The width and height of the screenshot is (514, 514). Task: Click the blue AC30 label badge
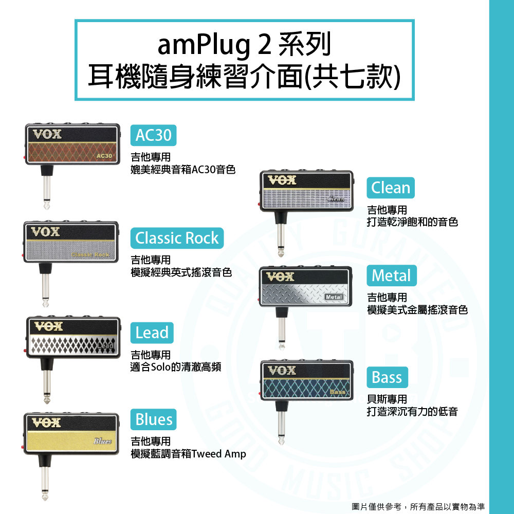153,135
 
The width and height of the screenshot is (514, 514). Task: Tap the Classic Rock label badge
177,238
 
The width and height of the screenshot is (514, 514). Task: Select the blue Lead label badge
152,333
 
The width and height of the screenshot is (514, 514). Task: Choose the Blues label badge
154,419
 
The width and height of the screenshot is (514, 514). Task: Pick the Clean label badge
391,188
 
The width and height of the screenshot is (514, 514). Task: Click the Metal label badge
391,276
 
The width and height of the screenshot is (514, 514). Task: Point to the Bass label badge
387,377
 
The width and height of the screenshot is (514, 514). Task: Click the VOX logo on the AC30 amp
47,134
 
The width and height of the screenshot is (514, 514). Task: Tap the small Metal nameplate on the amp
334,297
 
